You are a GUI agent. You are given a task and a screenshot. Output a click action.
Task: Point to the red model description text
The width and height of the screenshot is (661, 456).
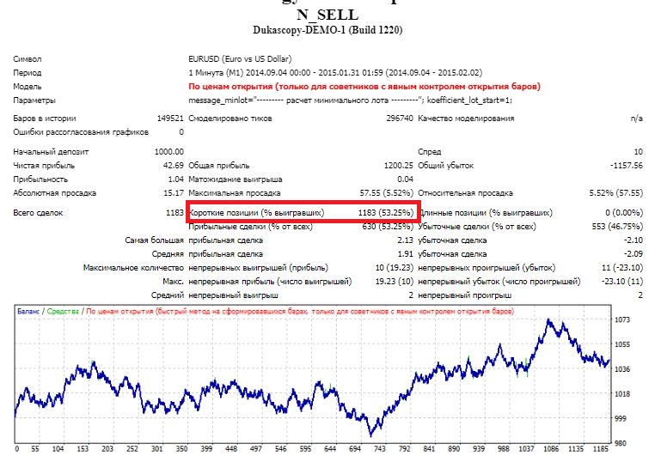pos(364,87)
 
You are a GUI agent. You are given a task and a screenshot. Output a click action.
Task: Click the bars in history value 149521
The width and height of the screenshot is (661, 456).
pos(168,118)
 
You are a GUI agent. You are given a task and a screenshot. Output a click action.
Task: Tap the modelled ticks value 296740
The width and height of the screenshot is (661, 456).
pos(399,118)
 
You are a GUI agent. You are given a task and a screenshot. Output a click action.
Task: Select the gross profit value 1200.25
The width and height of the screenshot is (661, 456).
pos(398,164)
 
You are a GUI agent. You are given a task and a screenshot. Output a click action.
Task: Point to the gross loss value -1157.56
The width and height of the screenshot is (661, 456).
pos(622,164)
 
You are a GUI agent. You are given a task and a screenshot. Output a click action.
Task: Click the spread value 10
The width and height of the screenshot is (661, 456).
pos(637,151)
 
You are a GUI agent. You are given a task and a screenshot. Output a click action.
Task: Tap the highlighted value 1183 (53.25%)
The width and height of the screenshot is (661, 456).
pos(386,212)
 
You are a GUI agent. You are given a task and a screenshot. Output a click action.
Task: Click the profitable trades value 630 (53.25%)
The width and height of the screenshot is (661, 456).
pos(391,226)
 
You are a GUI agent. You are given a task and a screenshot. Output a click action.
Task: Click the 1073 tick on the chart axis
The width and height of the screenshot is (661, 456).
pos(623,320)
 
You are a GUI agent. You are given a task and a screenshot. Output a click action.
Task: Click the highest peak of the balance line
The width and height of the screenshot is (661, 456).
pos(548,319)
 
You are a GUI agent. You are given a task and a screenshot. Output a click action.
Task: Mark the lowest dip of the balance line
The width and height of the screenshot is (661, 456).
pos(370,435)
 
